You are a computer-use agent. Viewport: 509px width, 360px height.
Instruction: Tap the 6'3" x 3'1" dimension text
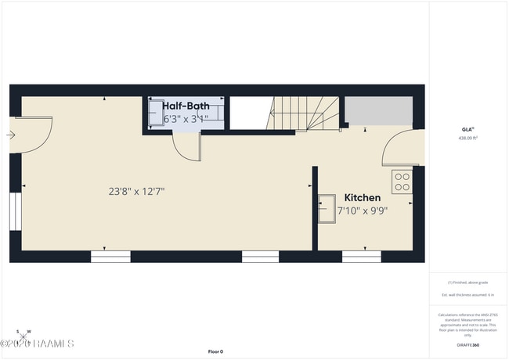pos(186,119)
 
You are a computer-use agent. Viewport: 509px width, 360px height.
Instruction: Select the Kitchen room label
pos(363,198)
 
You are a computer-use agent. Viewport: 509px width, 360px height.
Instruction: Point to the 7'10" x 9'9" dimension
pos(363,210)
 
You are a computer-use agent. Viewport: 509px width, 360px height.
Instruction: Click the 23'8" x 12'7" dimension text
pos(136,190)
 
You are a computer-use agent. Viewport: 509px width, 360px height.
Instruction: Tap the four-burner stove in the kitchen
pos(403,182)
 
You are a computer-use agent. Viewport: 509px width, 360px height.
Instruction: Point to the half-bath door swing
pos(188,146)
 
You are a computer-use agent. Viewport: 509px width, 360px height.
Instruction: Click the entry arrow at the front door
pos(10,135)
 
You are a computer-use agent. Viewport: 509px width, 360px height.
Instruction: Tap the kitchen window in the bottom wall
pos(361,256)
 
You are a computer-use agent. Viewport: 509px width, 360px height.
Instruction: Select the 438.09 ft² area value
pos(467,138)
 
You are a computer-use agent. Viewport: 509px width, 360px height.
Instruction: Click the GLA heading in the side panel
pos(467,130)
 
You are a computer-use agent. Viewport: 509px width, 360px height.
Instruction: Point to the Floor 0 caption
pos(215,351)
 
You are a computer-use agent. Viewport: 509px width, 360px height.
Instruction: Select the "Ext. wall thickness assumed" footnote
pos(467,294)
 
